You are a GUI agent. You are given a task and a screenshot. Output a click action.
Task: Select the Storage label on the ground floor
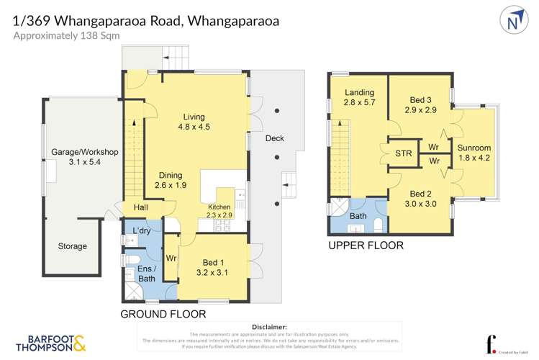click(73, 246)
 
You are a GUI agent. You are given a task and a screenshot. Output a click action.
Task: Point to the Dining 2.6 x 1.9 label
click(171, 180)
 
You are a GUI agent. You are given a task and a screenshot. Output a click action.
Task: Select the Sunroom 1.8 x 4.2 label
click(474, 153)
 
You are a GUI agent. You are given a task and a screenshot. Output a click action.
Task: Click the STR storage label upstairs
click(404, 153)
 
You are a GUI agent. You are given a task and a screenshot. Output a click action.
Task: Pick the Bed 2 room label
click(420, 199)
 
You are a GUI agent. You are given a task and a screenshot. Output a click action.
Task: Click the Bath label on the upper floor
click(358, 216)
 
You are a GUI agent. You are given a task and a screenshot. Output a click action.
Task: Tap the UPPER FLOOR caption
click(366, 246)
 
